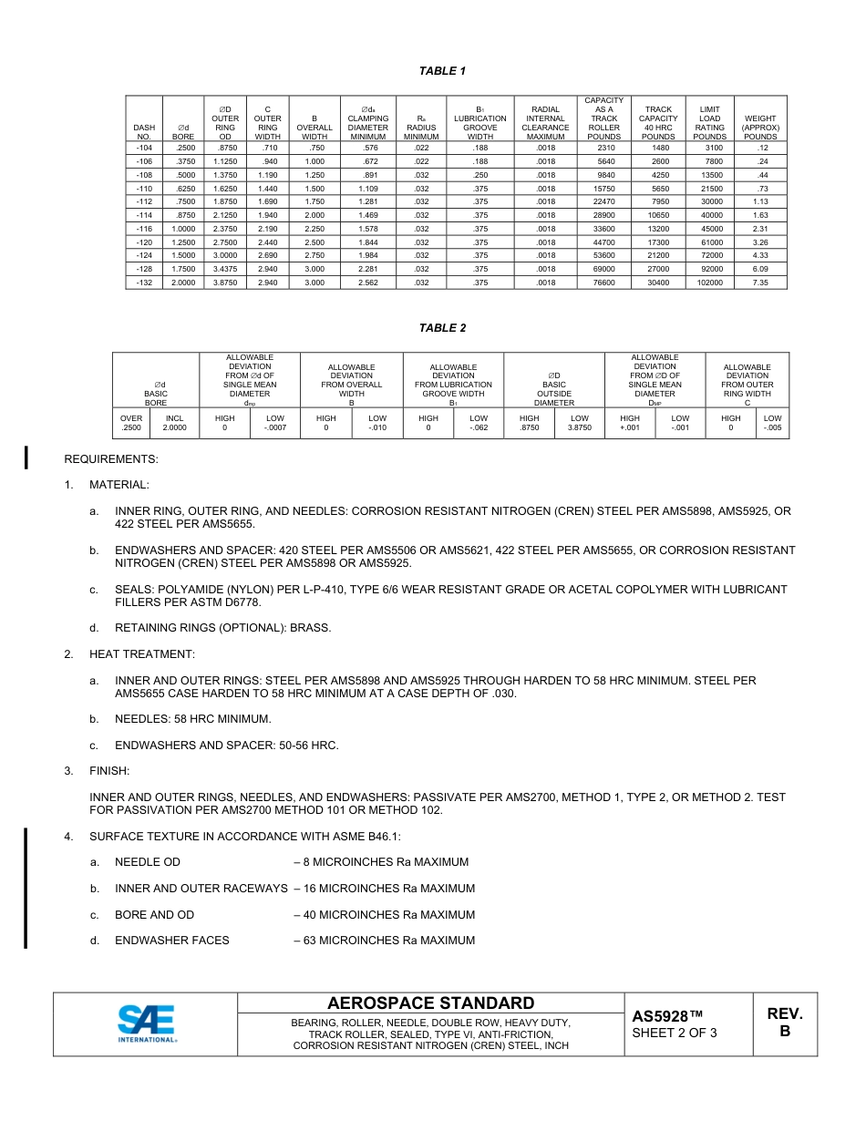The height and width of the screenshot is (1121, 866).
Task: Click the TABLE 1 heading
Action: tap(442, 71)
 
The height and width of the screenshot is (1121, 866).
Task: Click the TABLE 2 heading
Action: tap(442, 328)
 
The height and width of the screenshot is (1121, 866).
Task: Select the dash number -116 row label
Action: tap(144, 228)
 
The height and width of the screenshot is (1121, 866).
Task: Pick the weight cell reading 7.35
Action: tap(760, 283)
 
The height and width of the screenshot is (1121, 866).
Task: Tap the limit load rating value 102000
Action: tap(709, 283)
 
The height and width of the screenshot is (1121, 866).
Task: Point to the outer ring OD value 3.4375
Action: tap(225, 269)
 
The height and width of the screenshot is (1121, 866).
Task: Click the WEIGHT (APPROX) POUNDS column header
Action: tap(760, 128)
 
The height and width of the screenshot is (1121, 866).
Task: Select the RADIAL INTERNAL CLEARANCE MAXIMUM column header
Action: tap(545, 123)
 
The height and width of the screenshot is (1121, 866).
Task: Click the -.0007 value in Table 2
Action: tap(274, 427)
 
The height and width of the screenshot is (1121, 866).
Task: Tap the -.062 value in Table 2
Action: tap(479, 427)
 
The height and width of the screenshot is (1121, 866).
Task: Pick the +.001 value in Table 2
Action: tap(630, 427)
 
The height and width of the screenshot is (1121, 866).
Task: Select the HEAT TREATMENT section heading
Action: tap(141, 654)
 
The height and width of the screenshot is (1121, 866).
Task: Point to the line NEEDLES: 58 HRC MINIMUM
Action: tap(192, 719)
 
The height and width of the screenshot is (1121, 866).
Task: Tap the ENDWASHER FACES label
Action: tap(171, 941)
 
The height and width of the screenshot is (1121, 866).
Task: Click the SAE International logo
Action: tap(146, 1023)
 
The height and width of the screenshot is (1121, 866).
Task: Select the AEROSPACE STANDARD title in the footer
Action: tap(430, 1003)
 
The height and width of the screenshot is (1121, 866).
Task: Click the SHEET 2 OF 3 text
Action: tap(675, 1033)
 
